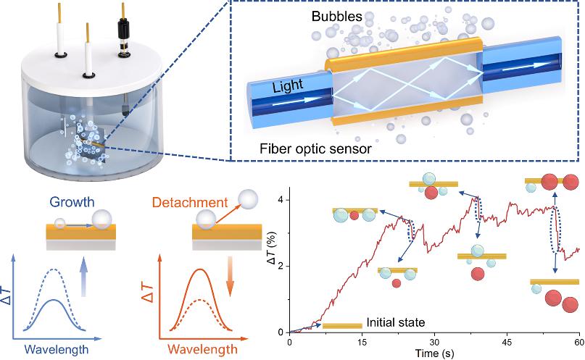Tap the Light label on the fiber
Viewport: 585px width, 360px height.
coord(289,87)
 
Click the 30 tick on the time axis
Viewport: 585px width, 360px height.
coord(433,341)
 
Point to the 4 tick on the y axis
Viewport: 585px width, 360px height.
coord(282,199)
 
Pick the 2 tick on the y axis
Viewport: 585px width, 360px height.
coord(282,266)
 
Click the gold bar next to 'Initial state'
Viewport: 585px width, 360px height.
coord(341,326)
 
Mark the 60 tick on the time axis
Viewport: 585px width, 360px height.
coord(578,341)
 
